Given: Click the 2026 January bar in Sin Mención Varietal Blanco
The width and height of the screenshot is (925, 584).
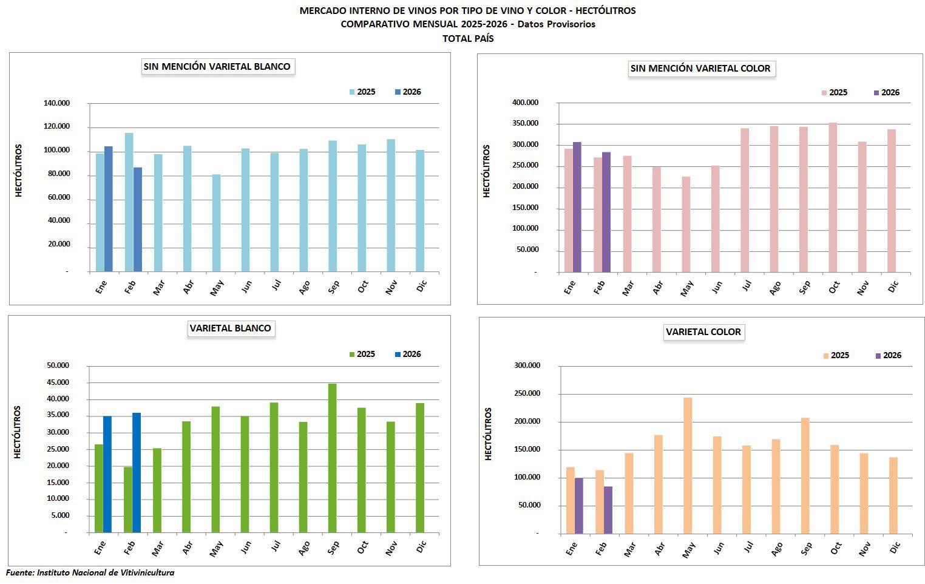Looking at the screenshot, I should [x=109, y=209].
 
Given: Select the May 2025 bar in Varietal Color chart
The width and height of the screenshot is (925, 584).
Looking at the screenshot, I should [x=688, y=466].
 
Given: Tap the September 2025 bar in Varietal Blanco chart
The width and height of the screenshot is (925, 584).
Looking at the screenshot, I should [x=332, y=458].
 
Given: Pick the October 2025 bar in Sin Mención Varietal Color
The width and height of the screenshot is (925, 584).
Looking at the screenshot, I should [x=833, y=197].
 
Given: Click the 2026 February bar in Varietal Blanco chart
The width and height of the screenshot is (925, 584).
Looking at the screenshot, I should [x=137, y=473].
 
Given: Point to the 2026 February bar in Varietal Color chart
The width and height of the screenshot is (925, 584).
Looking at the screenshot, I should [x=608, y=510].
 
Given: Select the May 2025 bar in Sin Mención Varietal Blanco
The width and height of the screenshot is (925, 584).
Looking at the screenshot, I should [x=216, y=223].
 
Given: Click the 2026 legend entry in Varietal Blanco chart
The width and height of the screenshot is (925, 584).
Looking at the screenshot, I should [x=407, y=355].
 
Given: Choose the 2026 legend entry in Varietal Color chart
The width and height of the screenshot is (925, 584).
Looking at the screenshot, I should [x=888, y=356].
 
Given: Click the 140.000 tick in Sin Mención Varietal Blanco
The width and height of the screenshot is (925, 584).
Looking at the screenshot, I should [x=56, y=103].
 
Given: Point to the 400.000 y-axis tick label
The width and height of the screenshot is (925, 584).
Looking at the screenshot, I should [x=525, y=103].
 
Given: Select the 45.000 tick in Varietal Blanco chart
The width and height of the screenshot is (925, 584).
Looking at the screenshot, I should [x=58, y=382].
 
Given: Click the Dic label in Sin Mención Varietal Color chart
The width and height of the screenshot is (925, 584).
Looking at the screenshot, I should [x=893, y=287].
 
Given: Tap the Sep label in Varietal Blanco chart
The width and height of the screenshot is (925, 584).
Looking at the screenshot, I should [x=333, y=548].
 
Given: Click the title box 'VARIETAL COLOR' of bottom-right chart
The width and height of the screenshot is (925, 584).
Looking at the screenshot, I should [x=703, y=332].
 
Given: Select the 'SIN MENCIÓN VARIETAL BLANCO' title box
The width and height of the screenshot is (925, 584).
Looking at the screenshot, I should [x=217, y=67].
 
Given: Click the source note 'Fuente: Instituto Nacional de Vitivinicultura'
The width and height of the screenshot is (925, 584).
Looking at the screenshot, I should [x=90, y=572].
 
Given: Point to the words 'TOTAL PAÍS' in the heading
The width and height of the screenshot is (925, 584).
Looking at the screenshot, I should [x=468, y=39].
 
